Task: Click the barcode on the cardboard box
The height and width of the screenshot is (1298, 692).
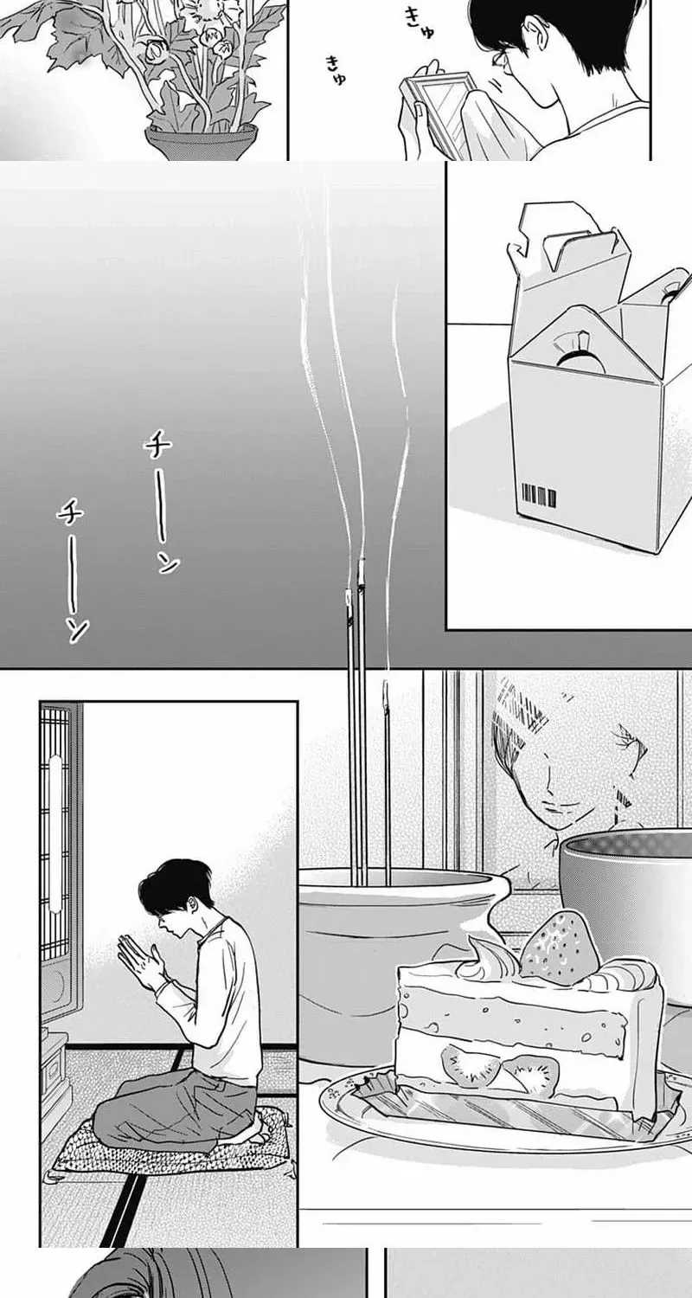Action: point(538,497)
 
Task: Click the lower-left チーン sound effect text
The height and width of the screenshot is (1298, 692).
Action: point(74,571)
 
